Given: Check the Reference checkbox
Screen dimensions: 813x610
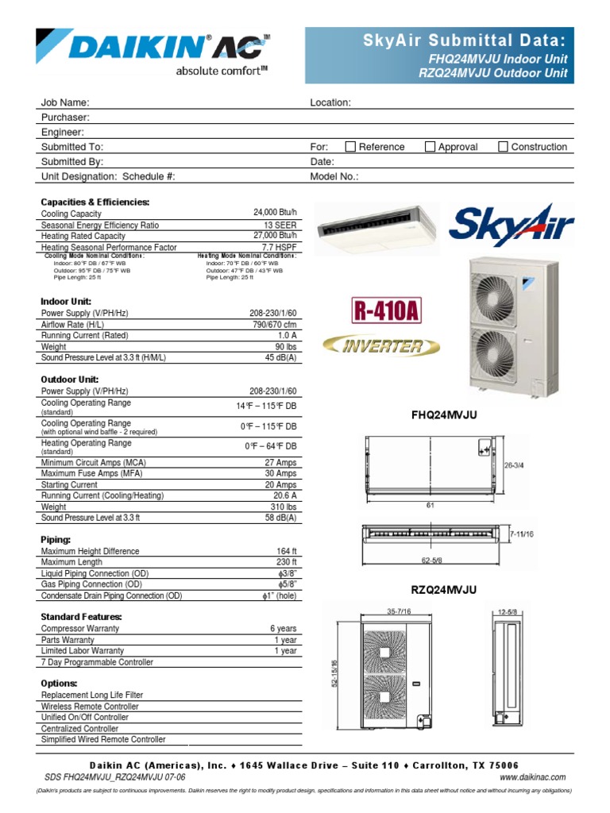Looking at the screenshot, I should [x=350, y=147].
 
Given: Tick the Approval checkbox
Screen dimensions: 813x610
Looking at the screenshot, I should [x=430, y=147].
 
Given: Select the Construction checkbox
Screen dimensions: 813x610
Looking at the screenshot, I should [x=503, y=147].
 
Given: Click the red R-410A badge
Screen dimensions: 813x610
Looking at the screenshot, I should [x=384, y=310].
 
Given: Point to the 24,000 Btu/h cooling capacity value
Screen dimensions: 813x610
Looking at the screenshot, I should [x=275, y=214].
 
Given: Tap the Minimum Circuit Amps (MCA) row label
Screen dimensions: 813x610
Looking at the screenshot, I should [x=93, y=463].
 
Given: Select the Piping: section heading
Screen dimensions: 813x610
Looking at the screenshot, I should [x=56, y=539].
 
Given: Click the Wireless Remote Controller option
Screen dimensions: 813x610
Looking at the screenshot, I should [x=90, y=707].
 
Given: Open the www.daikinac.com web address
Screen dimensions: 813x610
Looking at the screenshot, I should [x=532, y=777].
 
